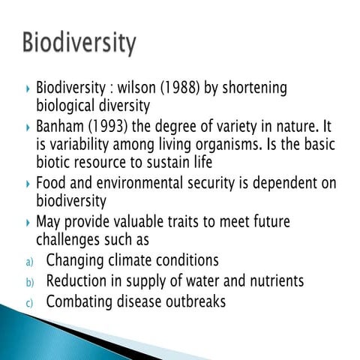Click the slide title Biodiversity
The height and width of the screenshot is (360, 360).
79,43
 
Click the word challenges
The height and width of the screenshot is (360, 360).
70,240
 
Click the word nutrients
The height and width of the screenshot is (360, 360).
274,281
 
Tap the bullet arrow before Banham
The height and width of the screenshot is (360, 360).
27,125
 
